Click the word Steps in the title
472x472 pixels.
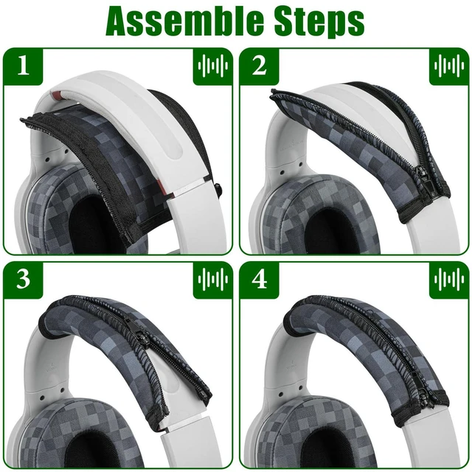[x=319, y=22]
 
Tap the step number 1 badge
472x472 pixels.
[x=23, y=66]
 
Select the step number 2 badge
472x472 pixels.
[x=259, y=66]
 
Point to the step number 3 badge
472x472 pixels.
[x=23, y=280]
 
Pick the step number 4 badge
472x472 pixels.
[x=259, y=280]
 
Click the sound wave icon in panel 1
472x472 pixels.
[x=213, y=66]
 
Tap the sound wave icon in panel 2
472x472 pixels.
[x=449, y=66]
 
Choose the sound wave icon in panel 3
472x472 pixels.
[x=213, y=280]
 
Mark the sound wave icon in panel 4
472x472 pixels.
[x=449, y=280]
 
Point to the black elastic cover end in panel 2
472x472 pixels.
[x=425, y=208]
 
